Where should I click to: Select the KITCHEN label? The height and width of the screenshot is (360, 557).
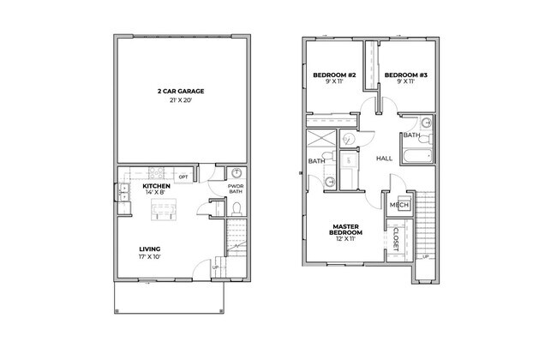156,186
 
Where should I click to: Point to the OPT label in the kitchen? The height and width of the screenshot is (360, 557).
183,177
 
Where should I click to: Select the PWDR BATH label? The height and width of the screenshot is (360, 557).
236,189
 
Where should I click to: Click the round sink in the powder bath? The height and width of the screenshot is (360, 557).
237,172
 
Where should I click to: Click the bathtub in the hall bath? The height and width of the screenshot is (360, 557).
418,157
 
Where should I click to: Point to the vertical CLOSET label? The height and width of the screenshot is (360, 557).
397,237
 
